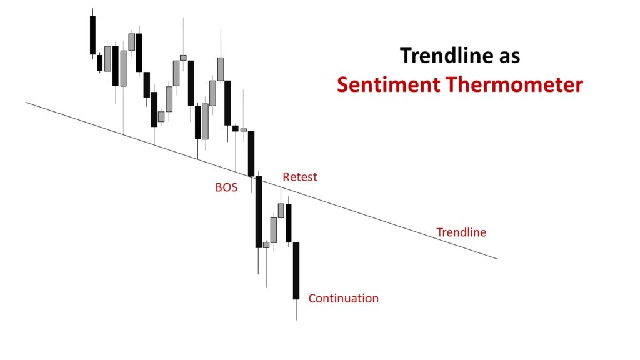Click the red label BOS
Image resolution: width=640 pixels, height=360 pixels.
(226, 187)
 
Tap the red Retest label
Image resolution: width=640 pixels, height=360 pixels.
(300, 177)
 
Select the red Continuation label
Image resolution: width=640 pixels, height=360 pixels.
(343, 298)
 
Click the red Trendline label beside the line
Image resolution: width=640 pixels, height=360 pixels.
(461, 232)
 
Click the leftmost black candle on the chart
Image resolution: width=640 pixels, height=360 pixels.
(92, 35)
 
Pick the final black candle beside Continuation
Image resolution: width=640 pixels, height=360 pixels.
(296, 271)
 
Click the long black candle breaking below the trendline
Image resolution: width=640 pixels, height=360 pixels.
(258, 212)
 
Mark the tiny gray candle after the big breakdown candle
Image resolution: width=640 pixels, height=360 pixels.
(266, 245)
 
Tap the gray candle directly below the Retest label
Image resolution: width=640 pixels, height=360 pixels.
(281, 210)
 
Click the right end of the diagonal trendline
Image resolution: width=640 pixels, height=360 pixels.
(497, 258)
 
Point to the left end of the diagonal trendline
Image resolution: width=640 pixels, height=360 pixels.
(27, 102)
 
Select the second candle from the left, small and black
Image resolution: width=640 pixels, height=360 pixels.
(99, 62)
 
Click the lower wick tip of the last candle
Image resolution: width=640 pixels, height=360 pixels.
(296, 320)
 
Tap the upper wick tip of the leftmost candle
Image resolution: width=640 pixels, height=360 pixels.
(92, 9)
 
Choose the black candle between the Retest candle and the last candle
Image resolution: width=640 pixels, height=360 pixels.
(289, 223)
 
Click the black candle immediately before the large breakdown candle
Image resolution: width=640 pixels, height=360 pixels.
(251, 153)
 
